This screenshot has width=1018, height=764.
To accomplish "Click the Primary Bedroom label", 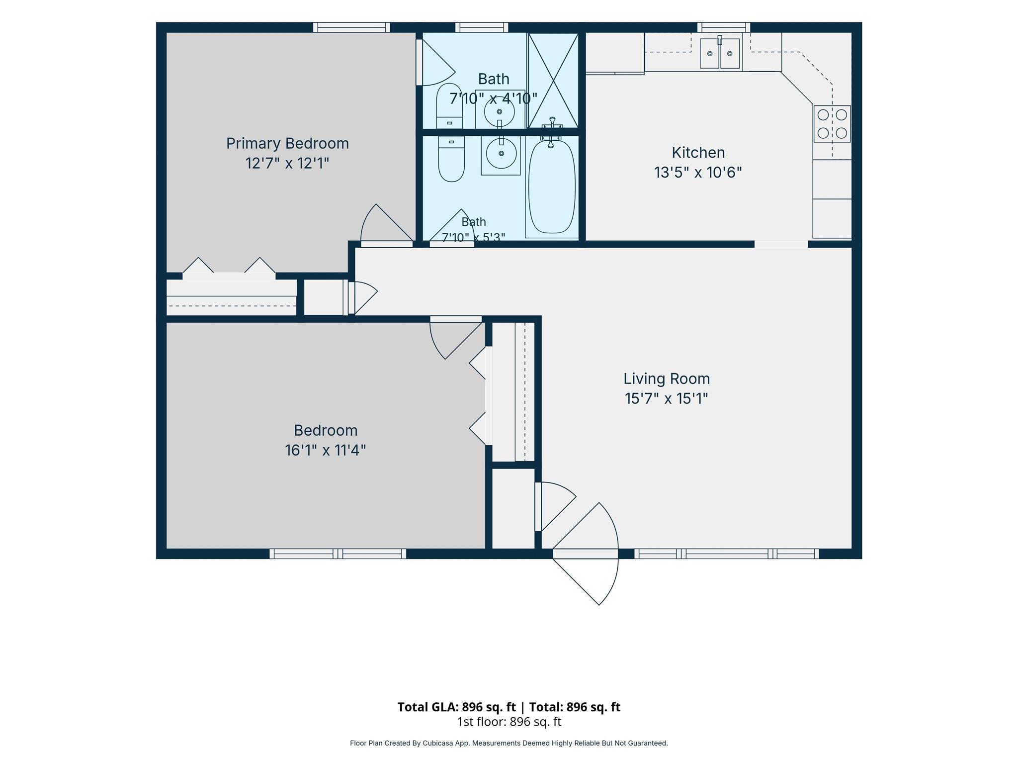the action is point(287,143).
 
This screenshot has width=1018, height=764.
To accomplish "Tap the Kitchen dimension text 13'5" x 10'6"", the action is point(698,172).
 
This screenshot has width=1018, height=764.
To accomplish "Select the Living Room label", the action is point(667,379).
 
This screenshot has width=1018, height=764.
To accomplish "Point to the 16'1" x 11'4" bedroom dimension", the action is point(326,450).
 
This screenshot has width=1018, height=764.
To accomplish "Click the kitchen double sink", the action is point(720,53).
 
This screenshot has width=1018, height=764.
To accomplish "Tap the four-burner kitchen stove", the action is point(832,124).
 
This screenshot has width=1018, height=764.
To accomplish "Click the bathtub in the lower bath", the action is point(552,187).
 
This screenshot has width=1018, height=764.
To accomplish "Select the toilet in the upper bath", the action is point(449,106).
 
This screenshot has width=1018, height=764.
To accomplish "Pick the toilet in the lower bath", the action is point(451,159).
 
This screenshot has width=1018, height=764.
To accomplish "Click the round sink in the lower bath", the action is point(501,154).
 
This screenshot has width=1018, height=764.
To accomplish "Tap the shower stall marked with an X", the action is point(553,80).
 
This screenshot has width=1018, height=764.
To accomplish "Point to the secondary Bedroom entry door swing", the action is point(456,338).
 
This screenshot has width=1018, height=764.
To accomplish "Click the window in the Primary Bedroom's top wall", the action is point(351,27).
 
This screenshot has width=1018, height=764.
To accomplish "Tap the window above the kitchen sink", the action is point(724,27).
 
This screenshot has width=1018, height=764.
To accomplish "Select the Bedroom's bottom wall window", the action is point(338,554).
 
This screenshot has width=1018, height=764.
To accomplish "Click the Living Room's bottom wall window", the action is point(727,554).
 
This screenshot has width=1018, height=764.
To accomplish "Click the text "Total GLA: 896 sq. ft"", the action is point(456,707).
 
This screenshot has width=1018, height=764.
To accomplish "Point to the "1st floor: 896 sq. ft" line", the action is point(509,722).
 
